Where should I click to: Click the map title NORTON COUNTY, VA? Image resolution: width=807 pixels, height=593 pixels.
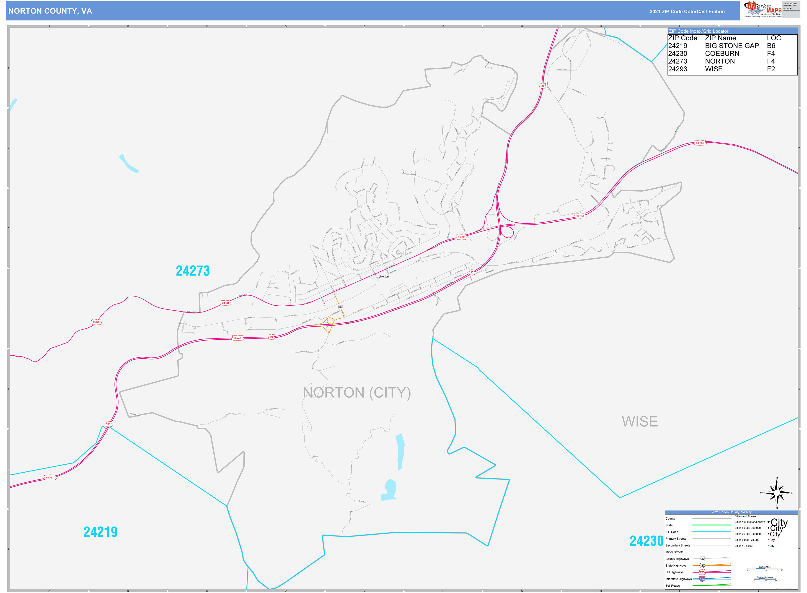point(50,11)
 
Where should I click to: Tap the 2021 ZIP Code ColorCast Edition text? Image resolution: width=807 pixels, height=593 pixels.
point(687,11)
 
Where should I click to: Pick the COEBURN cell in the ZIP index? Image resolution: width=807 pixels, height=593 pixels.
point(722,54)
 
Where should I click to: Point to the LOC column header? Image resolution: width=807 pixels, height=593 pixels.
point(774,38)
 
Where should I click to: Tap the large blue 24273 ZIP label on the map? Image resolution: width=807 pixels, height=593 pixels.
point(193,271)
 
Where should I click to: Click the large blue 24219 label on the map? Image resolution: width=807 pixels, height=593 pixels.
point(101,532)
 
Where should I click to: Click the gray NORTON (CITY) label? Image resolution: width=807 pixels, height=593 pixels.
point(357,393)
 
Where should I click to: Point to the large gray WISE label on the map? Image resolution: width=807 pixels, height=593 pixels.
point(640,421)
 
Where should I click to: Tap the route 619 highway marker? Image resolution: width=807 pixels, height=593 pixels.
point(340,307)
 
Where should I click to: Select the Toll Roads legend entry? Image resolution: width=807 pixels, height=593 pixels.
point(673,585)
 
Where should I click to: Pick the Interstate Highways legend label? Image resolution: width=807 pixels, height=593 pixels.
point(678,579)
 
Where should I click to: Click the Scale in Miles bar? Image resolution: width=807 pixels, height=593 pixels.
point(765,569)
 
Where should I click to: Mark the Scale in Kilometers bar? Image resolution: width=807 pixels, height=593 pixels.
point(765,579)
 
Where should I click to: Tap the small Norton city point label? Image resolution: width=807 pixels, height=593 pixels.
point(384,277)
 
